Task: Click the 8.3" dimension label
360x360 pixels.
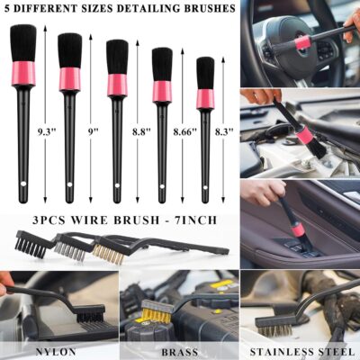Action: point(225,131)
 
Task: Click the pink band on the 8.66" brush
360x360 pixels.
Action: point(162,91)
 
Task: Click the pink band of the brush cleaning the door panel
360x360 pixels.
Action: point(297,229)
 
